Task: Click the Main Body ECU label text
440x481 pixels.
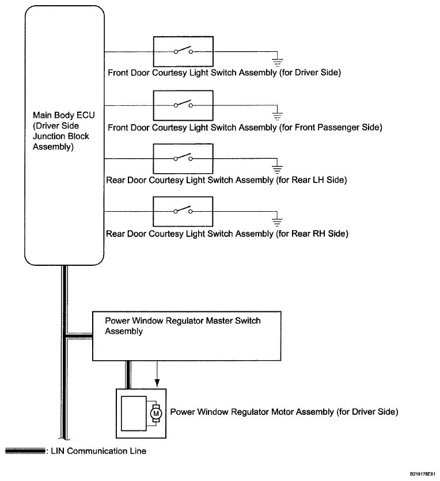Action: (63, 131)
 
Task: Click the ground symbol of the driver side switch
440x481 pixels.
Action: (277, 63)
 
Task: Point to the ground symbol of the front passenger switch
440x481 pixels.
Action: (277, 116)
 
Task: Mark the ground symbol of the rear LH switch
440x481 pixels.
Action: (277, 169)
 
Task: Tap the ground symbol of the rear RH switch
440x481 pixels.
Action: (277, 222)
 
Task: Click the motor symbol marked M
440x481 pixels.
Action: (156, 414)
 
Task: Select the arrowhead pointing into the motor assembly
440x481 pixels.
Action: (157, 383)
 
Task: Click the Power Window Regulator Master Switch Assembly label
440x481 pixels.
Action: (183, 326)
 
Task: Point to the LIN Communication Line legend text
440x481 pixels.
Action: (98, 451)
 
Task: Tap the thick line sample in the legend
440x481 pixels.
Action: (25, 451)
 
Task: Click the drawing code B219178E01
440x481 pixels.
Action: (422, 474)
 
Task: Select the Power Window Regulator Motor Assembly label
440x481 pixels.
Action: (284, 412)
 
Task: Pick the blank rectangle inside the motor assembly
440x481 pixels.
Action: (134, 414)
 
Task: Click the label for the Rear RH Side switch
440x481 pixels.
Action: (227, 234)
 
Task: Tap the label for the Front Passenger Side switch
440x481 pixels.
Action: (245, 127)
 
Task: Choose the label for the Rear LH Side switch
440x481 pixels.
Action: (226, 180)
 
